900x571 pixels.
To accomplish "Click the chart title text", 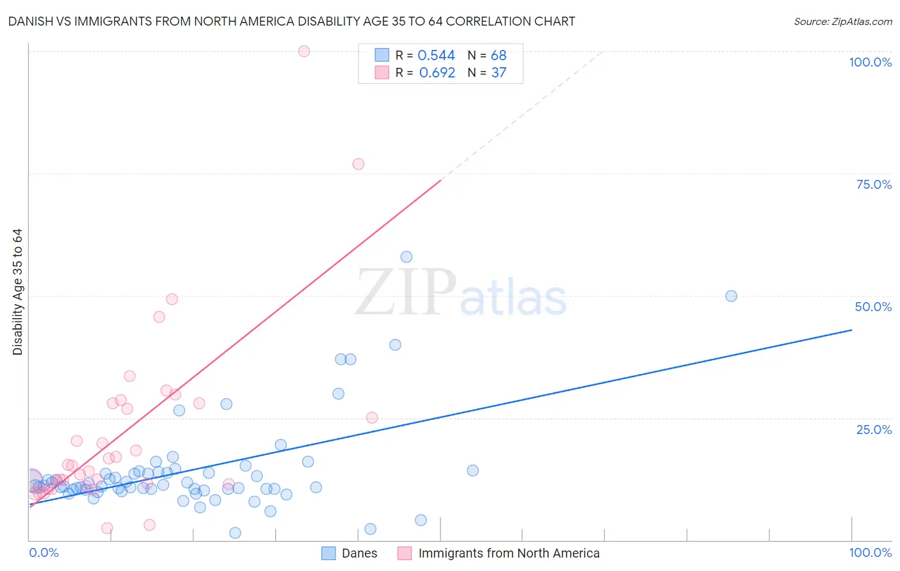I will pos(291,22).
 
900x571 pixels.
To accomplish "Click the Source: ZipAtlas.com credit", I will pos(842,22).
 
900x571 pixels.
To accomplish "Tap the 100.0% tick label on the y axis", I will pos(870,62).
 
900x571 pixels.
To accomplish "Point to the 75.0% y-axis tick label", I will pos(874,184).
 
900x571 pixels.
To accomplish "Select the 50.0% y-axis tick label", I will pos(873,307).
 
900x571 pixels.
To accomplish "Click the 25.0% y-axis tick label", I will pos(874,430).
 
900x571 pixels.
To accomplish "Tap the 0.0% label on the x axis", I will pos(44,552).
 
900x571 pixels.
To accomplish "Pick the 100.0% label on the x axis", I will pos(870,552).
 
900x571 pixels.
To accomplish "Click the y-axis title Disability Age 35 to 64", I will pos(18,292).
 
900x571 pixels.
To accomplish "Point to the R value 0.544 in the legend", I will pos(436,56).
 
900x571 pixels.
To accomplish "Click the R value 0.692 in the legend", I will pos(437,73).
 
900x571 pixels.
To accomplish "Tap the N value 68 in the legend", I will pos(499,56).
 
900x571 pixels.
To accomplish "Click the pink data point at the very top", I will pos(304,51).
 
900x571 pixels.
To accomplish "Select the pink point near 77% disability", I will pos(358,164).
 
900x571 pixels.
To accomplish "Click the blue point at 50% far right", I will pos(731,296).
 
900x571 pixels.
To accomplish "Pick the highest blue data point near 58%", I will pos(406,257).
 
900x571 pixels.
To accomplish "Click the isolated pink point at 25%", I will pos(372,417).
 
